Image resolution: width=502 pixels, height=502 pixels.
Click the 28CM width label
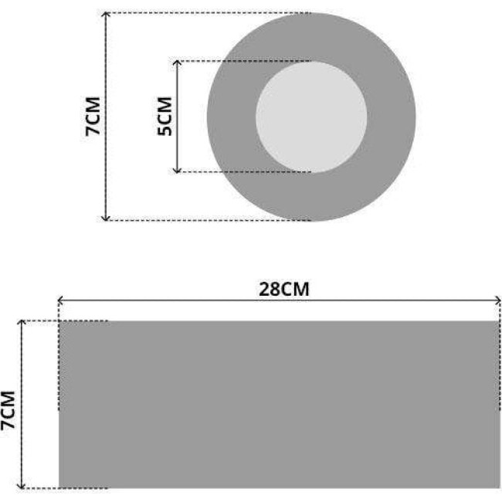point(284,289)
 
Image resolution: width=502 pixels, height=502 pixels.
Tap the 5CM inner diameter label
point(165,116)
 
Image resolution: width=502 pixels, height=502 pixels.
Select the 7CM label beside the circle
point(93,116)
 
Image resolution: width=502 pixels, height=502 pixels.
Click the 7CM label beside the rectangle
point(8,410)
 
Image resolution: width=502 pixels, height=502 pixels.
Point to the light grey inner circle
point(311,117)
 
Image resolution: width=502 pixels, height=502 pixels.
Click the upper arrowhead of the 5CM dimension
point(177,62)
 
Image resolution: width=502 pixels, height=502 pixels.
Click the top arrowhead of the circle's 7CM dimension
point(106,14)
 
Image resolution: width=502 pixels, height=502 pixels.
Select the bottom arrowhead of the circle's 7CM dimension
point(106,219)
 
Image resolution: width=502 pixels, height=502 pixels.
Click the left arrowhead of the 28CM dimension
point(59,300)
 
